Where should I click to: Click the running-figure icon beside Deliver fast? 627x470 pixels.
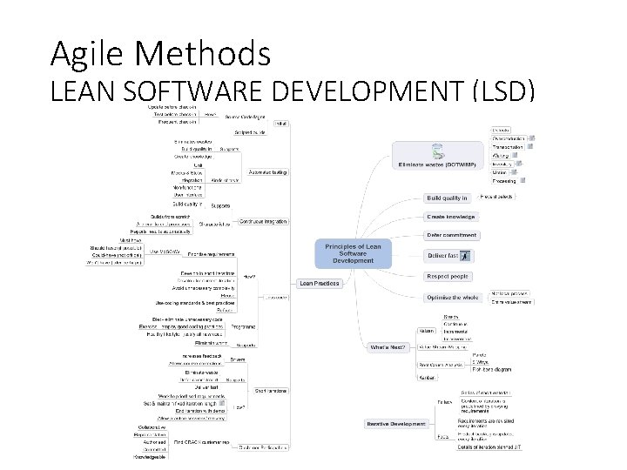click(x=465, y=256)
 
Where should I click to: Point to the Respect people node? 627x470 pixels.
click(x=448, y=276)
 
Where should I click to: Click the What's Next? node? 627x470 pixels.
click(x=388, y=347)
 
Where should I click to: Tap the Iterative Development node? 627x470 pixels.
click(x=397, y=425)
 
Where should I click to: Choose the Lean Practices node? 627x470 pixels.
click(x=320, y=283)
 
